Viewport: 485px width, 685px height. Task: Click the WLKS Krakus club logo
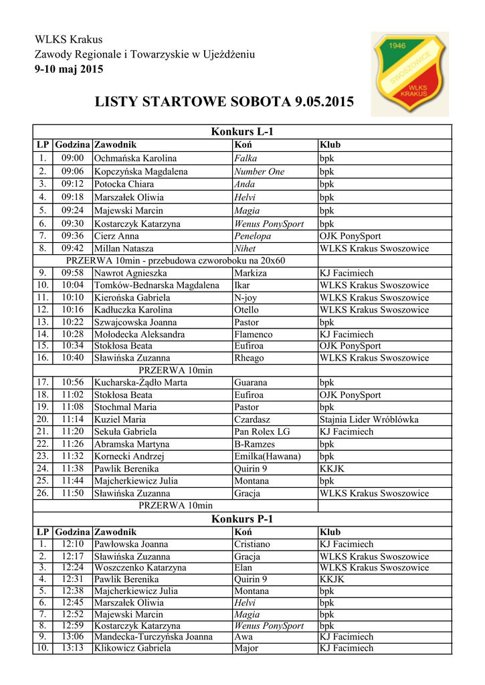click(x=410, y=74)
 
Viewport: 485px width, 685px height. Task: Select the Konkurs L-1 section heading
click(x=242, y=132)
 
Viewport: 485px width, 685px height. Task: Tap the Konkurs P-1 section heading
click(x=242, y=519)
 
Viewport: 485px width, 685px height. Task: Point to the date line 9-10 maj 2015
click(x=69, y=69)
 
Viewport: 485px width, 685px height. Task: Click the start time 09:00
click(x=72, y=159)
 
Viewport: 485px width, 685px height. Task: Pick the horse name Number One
click(x=259, y=172)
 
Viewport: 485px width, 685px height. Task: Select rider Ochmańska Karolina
click(x=135, y=159)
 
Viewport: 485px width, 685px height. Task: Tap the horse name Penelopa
click(x=252, y=236)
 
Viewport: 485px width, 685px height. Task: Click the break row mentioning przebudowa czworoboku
click(x=175, y=261)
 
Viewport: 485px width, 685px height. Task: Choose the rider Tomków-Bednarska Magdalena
click(x=157, y=286)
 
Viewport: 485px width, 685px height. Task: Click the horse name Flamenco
click(x=253, y=334)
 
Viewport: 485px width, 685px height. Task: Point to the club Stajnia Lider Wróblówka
click(x=369, y=419)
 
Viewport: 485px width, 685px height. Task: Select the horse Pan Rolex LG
click(x=262, y=432)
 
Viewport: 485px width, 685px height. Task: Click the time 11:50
click(x=72, y=494)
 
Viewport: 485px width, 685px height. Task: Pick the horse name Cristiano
click(x=252, y=545)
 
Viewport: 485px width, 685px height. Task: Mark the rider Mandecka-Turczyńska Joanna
click(x=153, y=637)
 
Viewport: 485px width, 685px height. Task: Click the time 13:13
click(x=72, y=648)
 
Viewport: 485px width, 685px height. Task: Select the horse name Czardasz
click(x=252, y=419)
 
